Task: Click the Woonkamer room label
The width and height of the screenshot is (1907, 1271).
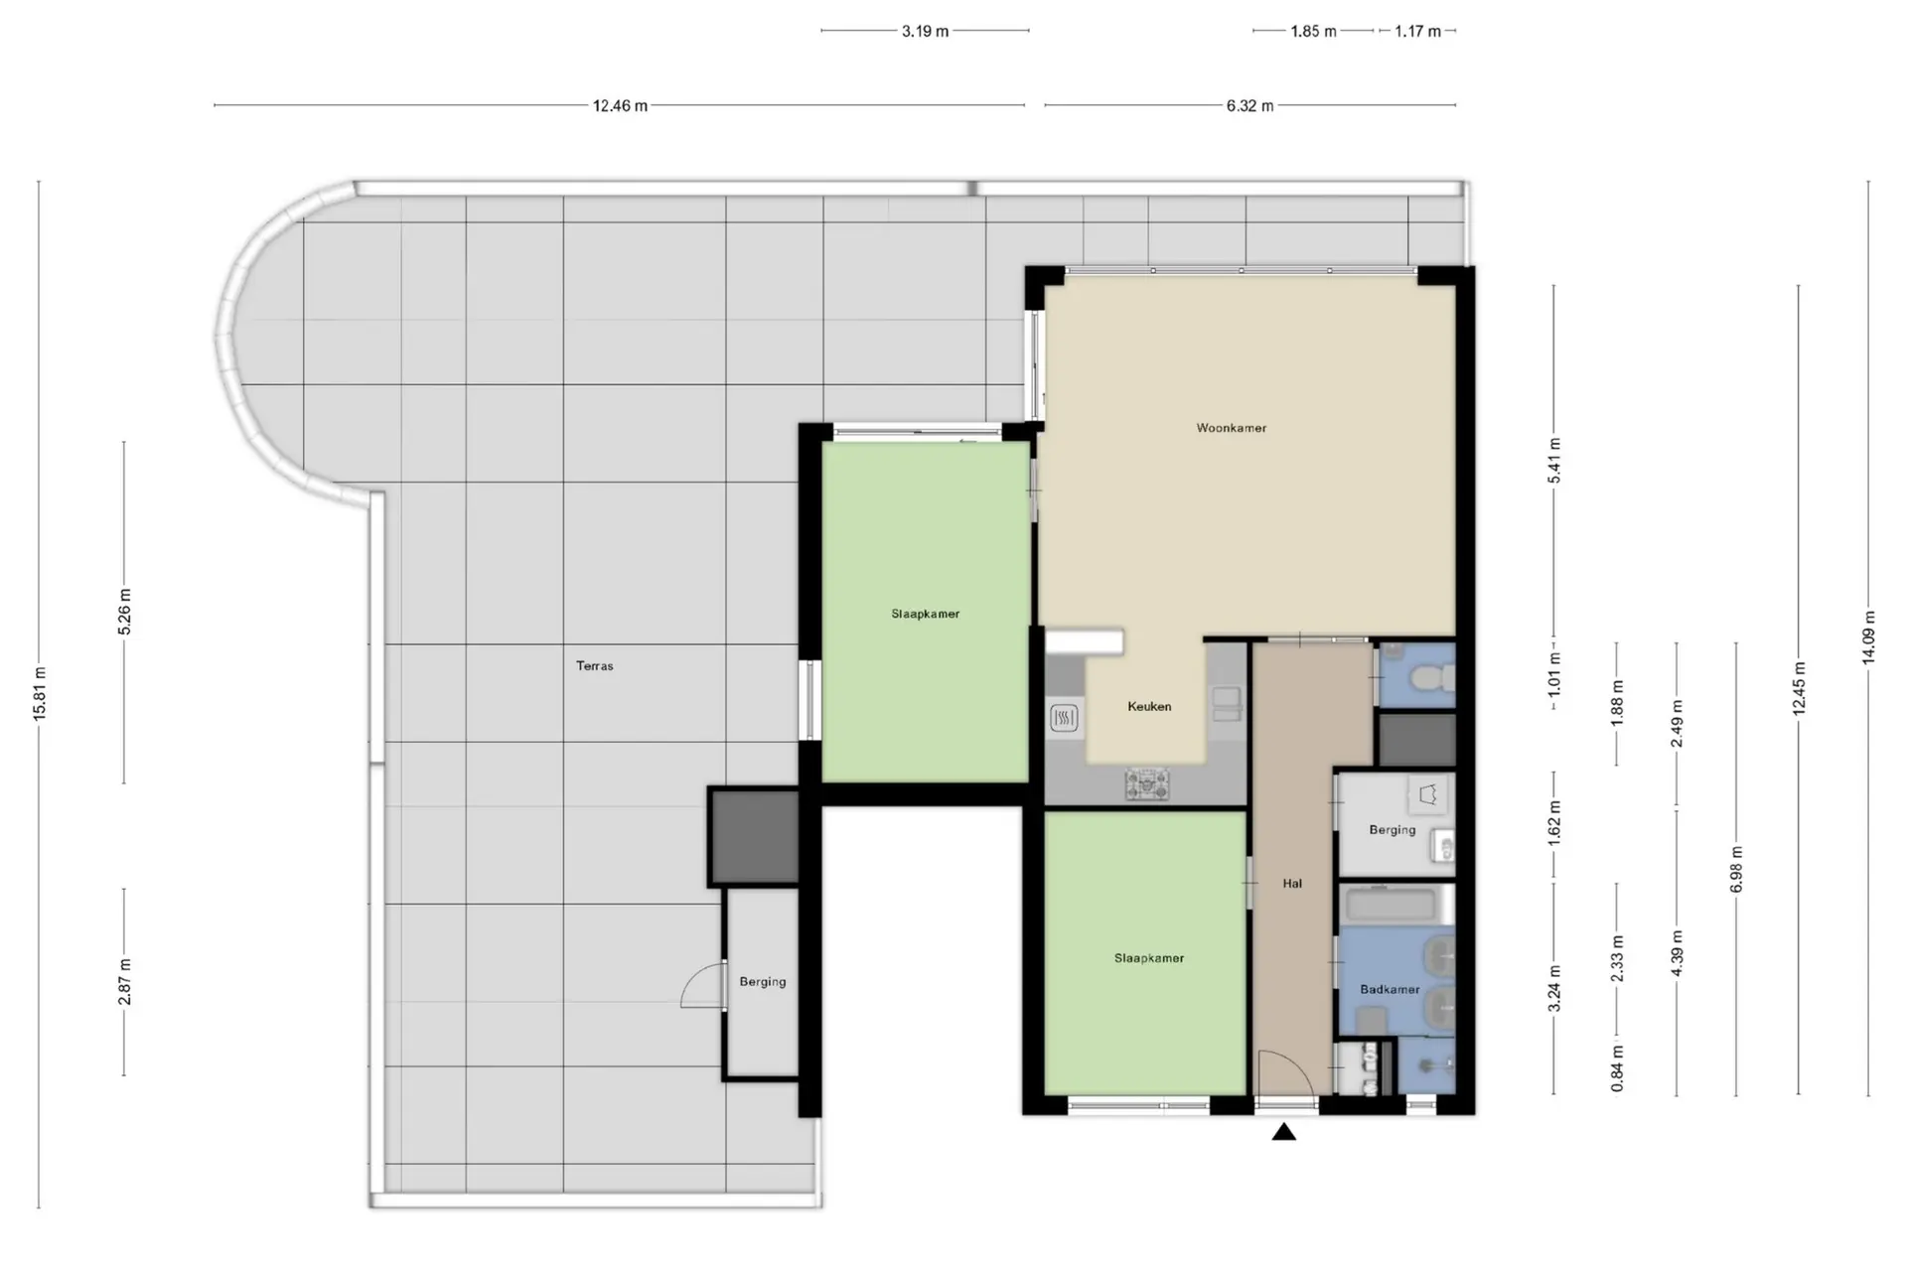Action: click(1231, 428)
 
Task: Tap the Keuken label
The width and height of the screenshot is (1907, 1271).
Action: click(1149, 707)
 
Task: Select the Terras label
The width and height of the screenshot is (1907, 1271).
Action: click(595, 665)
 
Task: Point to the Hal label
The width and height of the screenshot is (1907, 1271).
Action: click(1292, 883)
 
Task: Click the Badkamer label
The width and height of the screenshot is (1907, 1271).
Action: click(1390, 989)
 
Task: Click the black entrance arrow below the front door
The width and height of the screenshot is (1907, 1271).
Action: click(1284, 1131)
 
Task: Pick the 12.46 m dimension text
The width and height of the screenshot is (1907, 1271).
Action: click(620, 105)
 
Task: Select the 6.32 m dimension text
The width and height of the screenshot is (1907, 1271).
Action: click(1249, 105)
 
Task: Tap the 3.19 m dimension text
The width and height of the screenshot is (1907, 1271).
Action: click(925, 31)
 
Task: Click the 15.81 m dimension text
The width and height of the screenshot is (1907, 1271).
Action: click(40, 694)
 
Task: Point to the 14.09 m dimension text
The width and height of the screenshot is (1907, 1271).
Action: click(1868, 637)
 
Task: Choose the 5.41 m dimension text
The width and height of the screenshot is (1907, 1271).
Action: click(1554, 461)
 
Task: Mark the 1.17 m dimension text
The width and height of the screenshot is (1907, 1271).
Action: click(1417, 31)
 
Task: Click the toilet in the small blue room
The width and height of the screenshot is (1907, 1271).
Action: click(1431, 678)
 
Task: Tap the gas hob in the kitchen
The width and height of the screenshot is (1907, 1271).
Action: click(1147, 784)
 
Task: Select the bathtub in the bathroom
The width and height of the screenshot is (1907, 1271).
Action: click(1390, 905)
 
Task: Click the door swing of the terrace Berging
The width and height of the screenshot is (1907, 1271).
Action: click(702, 986)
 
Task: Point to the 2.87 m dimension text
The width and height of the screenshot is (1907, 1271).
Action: click(124, 981)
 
